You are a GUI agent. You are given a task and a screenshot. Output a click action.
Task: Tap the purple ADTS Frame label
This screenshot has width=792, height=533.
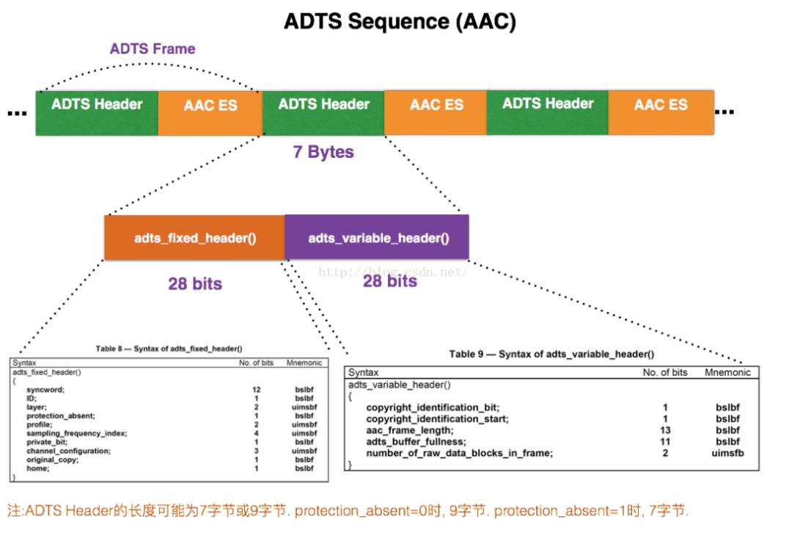(153, 49)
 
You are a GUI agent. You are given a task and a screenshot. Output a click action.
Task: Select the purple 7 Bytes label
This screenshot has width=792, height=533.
(323, 153)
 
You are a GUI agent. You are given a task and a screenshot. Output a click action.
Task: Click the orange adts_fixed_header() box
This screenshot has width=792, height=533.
(194, 238)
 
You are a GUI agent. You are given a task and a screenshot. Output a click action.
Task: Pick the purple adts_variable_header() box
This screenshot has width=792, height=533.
(378, 238)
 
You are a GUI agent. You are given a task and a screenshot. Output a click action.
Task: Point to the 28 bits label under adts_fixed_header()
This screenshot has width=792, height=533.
(194, 283)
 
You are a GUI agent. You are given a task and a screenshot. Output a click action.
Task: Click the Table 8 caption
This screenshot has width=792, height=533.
(169, 348)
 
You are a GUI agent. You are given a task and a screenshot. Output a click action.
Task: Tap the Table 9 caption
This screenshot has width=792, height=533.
(551, 354)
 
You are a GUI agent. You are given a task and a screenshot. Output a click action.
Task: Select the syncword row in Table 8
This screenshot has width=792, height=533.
(43, 389)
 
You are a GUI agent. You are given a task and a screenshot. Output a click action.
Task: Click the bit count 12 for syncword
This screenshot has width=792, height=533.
(256, 389)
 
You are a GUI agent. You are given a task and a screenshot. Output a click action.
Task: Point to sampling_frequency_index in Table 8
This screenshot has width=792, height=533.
(77, 433)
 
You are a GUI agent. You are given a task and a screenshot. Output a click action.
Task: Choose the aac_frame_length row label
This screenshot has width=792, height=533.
(409, 430)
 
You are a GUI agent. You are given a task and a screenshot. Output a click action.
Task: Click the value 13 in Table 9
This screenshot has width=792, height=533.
(664, 430)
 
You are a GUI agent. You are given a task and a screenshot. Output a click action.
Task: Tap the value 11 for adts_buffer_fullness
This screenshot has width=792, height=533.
(664, 442)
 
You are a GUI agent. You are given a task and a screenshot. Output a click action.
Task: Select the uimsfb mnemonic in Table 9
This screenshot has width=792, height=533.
(727, 454)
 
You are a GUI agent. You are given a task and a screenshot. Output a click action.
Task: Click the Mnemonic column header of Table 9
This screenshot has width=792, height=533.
(727, 372)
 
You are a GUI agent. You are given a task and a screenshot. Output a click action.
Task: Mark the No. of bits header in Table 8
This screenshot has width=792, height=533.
(256, 363)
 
